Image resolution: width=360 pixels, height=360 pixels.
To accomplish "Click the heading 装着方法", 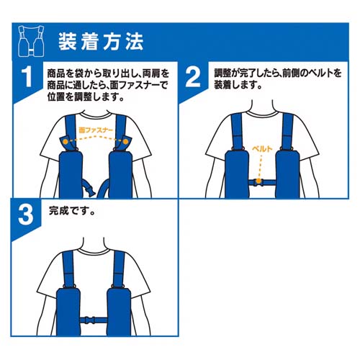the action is coord(101,42).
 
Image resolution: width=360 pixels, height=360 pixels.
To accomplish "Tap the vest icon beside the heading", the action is coord(31,41).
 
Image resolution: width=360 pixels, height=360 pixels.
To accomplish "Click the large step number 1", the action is coord(27,77).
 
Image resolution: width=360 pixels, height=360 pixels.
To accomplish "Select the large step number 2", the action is coord(193,77).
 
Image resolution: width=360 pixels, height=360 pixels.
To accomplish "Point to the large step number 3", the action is coord(26,215).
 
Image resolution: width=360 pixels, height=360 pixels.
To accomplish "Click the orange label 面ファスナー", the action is coord(96,130).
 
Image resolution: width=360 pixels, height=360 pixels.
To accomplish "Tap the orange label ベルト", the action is coord(262,149).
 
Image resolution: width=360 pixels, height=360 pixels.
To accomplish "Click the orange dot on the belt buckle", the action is coord(258,181).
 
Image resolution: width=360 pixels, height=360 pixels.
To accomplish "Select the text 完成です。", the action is coord(72,210).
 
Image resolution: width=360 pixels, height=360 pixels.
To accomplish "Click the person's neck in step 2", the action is coord(262,107).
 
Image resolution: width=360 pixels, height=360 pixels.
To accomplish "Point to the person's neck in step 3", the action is coord(94,244).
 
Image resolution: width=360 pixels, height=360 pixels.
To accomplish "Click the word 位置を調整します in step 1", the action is coord(82,97).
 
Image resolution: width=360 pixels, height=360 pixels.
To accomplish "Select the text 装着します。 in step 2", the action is coord(238,84).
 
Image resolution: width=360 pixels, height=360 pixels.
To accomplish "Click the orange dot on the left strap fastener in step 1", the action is coord(66,142).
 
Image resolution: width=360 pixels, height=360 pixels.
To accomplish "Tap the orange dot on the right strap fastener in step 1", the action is coord(125,142).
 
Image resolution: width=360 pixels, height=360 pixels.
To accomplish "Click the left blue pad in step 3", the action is coord(68,312).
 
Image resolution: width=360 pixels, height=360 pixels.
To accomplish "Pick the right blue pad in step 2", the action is coord(287,174).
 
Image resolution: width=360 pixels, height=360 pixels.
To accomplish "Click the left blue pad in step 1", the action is coord(71,174).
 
